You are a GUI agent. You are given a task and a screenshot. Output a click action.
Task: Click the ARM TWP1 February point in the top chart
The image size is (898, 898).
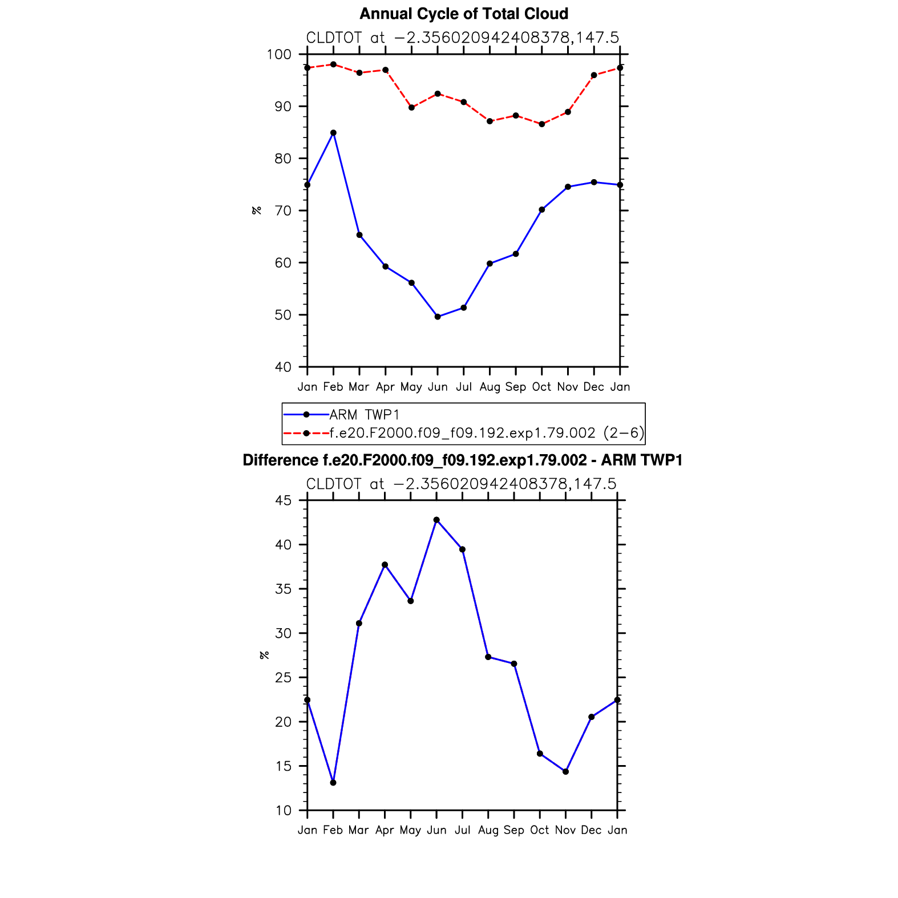(x=333, y=133)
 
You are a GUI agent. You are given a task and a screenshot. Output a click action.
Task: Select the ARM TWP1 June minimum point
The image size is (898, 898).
(x=438, y=317)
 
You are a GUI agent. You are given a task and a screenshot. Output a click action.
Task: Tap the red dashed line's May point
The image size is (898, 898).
(x=411, y=108)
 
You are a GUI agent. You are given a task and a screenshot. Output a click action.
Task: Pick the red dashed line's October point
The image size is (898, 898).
(x=542, y=124)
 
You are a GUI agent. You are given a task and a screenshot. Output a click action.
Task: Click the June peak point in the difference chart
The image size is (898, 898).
(x=436, y=520)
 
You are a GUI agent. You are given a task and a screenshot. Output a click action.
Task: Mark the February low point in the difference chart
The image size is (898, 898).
(x=333, y=783)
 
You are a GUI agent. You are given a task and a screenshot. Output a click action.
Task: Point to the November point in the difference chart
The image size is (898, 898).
(x=565, y=772)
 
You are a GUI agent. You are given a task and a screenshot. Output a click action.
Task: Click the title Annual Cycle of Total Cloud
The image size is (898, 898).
(x=464, y=14)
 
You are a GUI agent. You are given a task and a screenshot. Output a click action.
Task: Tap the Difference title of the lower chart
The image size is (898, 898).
(x=463, y=460)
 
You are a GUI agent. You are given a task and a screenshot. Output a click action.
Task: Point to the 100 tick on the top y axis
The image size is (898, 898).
(x=279, y=55)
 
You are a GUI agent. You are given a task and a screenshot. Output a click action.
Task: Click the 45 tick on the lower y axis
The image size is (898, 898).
(x=283, y=501)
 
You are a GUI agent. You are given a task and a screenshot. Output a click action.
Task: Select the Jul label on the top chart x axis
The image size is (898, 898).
(x=464, y=387)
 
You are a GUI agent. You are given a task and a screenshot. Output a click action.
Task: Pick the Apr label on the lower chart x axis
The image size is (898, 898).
(x=385, y=830)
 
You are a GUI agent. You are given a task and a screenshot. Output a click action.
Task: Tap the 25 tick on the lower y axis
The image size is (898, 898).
(x=283, y=678)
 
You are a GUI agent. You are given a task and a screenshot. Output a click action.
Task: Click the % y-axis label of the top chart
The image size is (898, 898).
(x=257, y=211)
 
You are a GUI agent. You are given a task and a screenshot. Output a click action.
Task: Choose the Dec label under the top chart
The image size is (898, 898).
(x=593, y=387)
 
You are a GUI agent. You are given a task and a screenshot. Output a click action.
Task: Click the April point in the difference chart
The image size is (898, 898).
(x=385, y=565)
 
